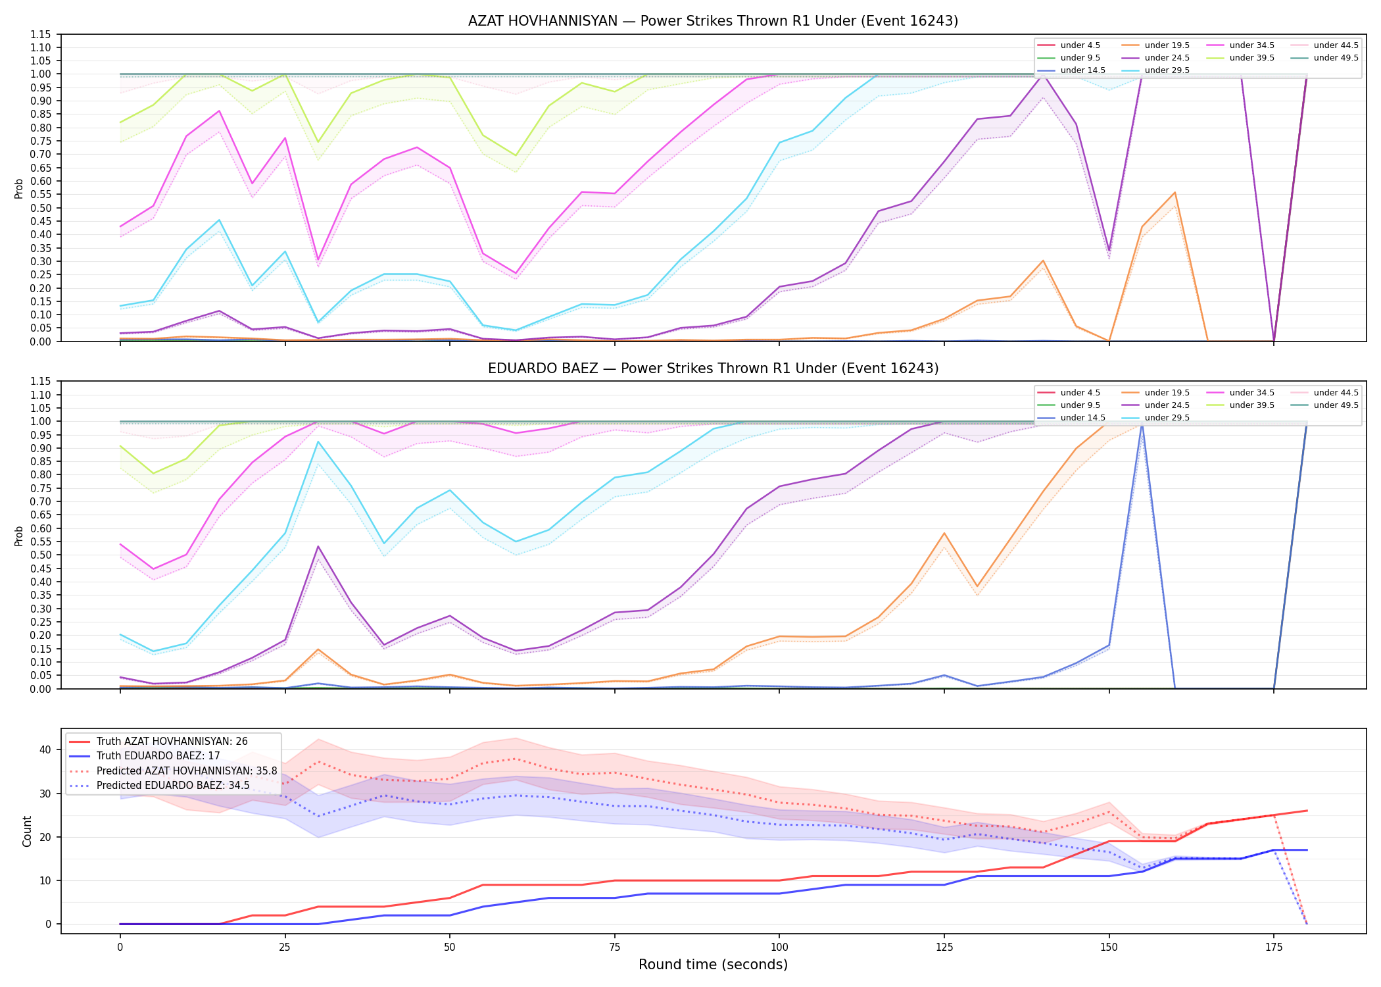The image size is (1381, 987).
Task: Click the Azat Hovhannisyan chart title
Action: point(713,21)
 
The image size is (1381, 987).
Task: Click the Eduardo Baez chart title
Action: point(713,368)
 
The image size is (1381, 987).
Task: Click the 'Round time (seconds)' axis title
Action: point(713,965)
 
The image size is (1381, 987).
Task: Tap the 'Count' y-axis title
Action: point(27,831)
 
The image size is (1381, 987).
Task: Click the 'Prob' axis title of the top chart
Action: point(19,188)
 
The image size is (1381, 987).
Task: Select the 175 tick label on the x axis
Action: point(1274,948)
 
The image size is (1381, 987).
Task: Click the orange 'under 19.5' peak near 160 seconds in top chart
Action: point(1175,193)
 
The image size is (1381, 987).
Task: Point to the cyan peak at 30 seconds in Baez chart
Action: point(318,442)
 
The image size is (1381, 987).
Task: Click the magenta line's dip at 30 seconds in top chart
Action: point(318,260)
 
